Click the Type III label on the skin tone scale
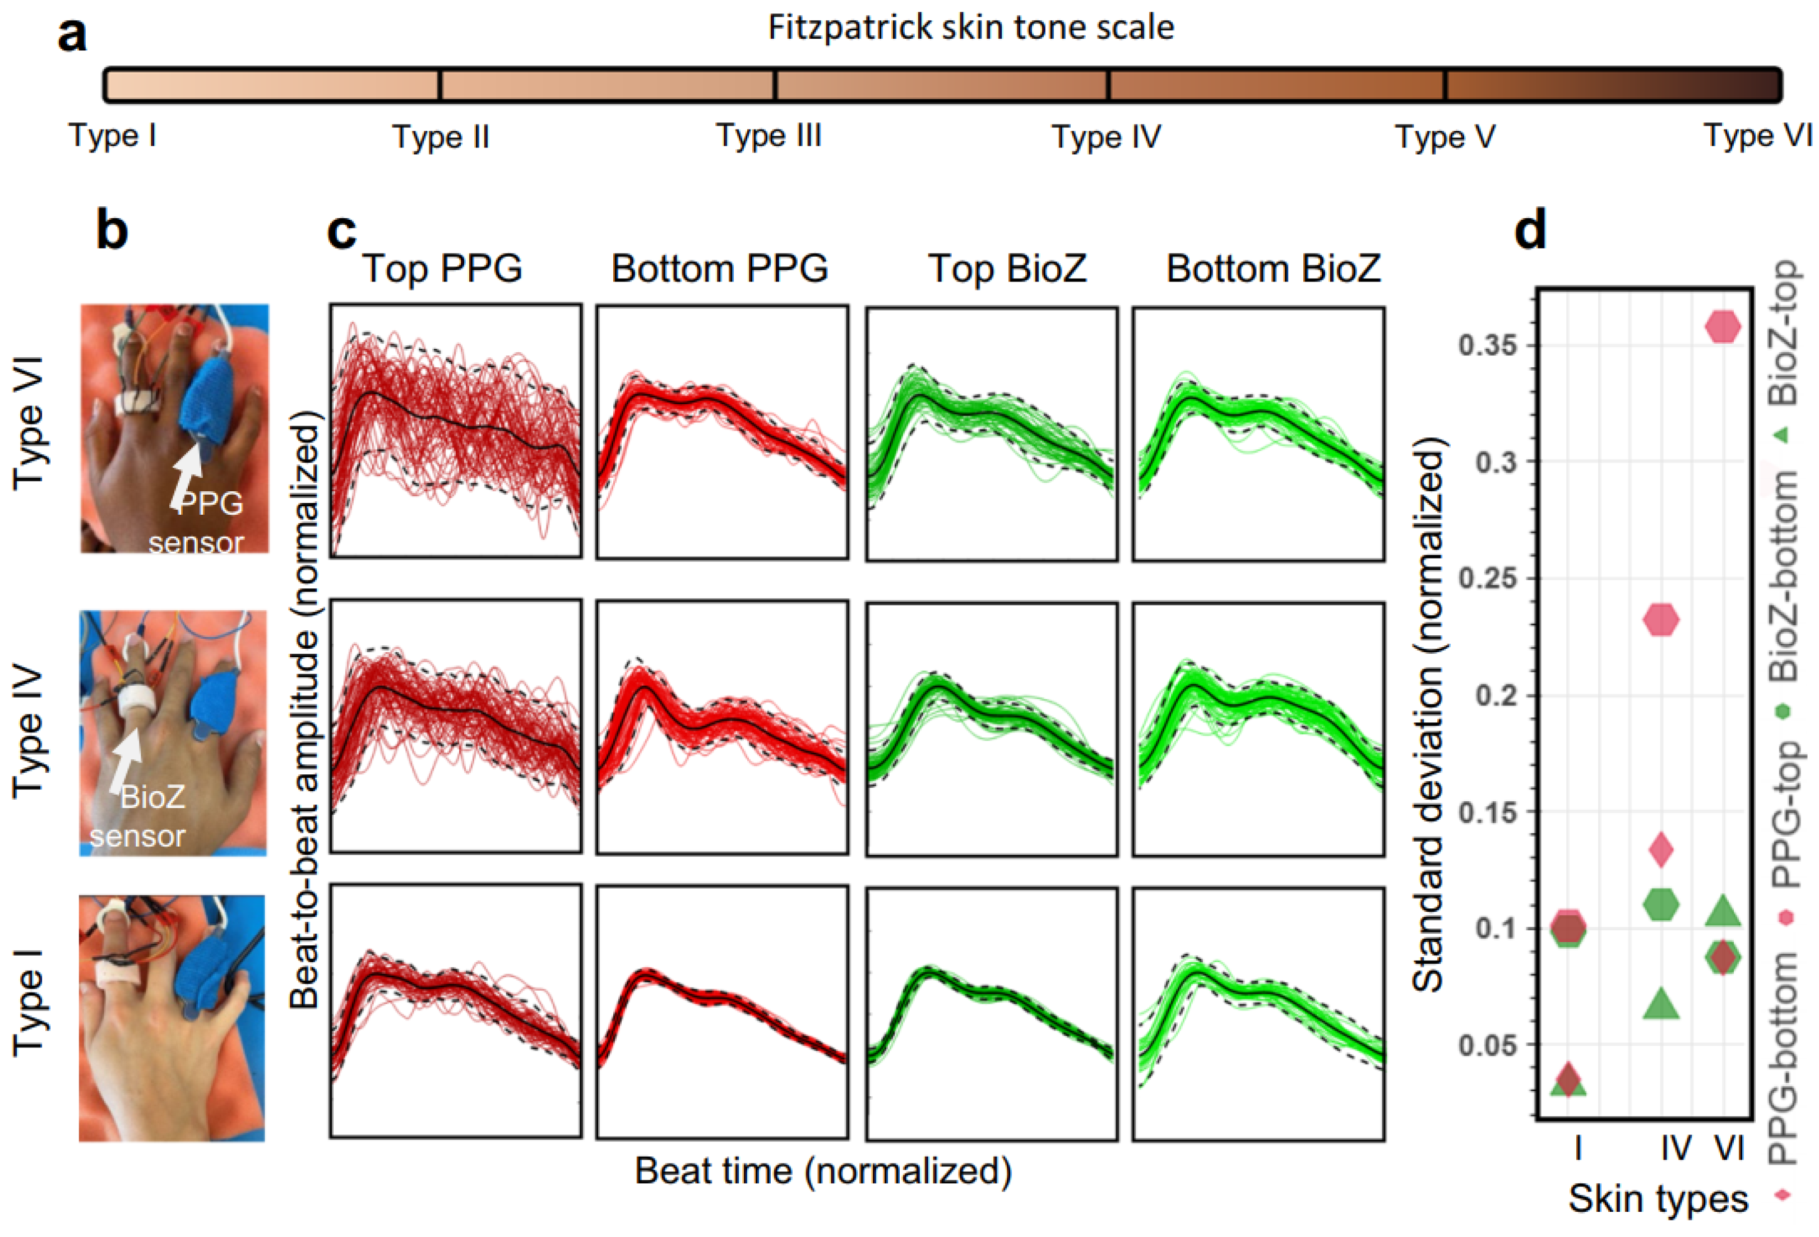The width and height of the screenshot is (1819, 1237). point(769,136)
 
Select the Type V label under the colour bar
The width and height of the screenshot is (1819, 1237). point(1445,137)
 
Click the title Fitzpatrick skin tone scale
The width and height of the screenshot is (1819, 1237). point(970,28)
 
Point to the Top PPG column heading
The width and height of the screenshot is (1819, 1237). point(442,269)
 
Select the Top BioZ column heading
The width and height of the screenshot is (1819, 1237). point(1007,269)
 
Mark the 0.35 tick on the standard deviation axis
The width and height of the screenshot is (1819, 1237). point(1487,344)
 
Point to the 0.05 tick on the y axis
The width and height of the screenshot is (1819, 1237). point(1487,1045)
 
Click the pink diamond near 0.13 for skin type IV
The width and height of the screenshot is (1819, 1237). point(1661,848)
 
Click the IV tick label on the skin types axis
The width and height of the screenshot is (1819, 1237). point(1675,1148)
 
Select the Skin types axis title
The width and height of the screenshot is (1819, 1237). point(1658,1199)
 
